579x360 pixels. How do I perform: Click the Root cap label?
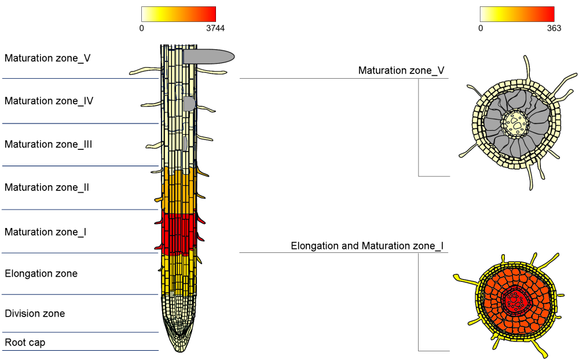25,343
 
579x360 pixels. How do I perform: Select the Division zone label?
35,314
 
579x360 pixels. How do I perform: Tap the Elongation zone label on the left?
41,273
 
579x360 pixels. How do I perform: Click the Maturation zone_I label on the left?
46,232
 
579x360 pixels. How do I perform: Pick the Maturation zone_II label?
47,188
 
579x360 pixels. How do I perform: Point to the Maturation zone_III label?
49,144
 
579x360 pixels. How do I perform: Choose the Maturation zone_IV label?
49,101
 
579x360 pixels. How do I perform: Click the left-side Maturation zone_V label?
47,58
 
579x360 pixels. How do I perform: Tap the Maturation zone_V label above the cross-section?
401,71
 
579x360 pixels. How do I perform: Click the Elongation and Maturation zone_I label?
367,246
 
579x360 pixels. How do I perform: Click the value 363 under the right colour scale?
553,28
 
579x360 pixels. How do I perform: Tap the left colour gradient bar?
178,14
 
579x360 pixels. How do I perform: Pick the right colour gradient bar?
517,14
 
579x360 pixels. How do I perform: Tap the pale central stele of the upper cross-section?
514,123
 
